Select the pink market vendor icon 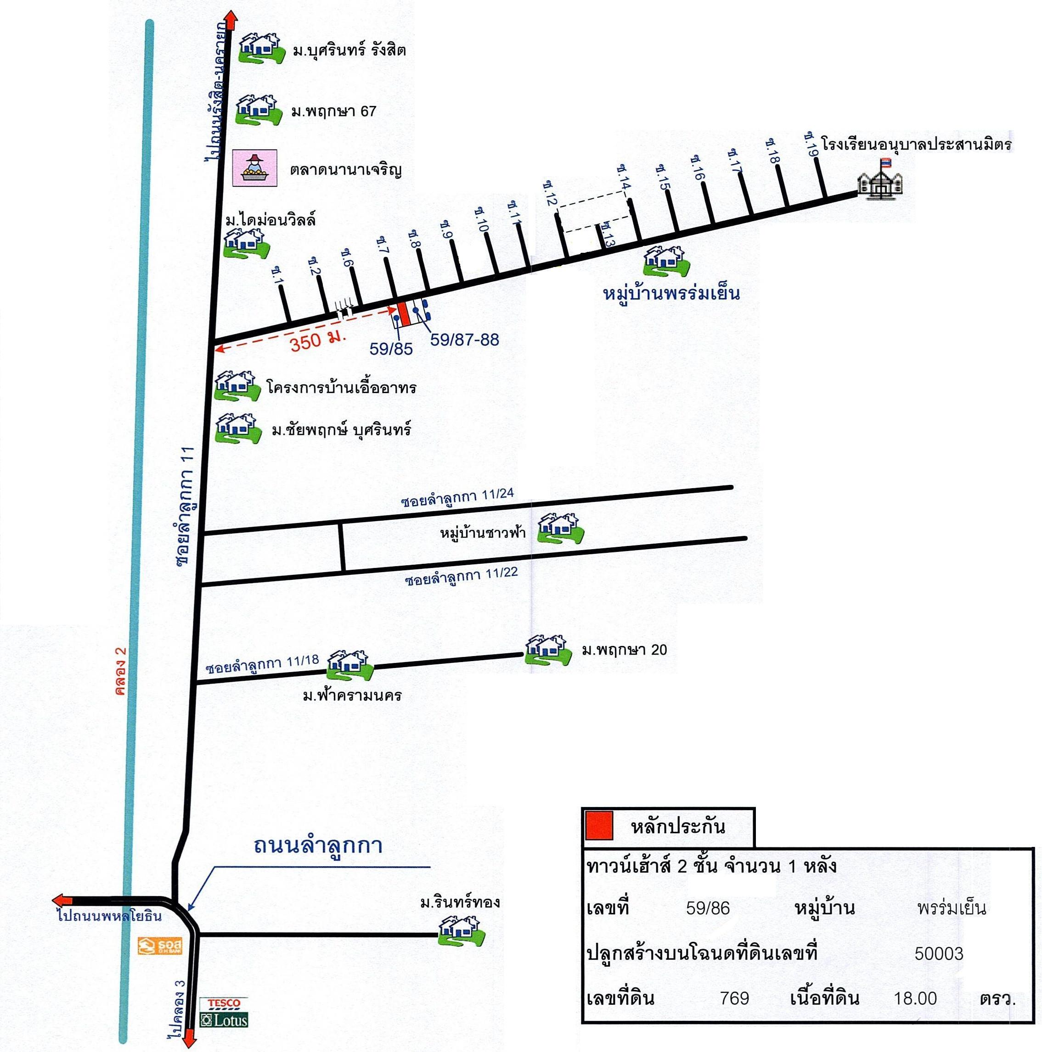254,168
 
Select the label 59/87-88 464,340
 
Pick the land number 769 734,998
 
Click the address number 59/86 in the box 708,907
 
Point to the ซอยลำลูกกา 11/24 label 457,498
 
